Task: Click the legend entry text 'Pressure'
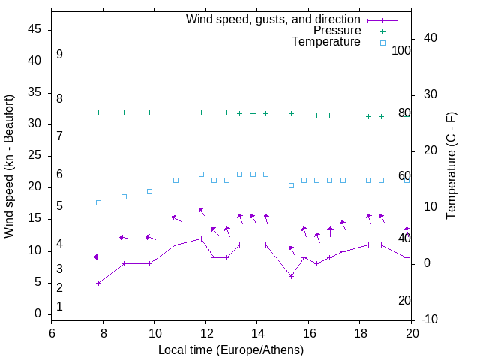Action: (x=337, y=31)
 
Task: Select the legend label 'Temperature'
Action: (x=326, y=43)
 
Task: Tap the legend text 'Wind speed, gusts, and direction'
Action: (x=273, y=19)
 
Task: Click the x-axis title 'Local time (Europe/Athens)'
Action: (x=231, y=349)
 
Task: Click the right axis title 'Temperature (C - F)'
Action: (x=451, y=166)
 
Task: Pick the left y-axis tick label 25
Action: (x=34, y=156)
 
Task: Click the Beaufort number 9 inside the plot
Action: (x=59, y=55)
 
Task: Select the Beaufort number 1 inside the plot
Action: (x=59, y=307)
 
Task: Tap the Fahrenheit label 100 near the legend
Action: (x=401, y=51)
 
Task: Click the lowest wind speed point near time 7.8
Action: (x=98, y=283)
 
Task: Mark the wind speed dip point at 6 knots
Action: (x=291, y=276)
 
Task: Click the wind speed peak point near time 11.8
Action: (x=201, y=238)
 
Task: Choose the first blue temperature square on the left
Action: (x=98, y=202)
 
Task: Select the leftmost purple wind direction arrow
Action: (x=98, y=256)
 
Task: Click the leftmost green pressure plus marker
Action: (x=98, y=112)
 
